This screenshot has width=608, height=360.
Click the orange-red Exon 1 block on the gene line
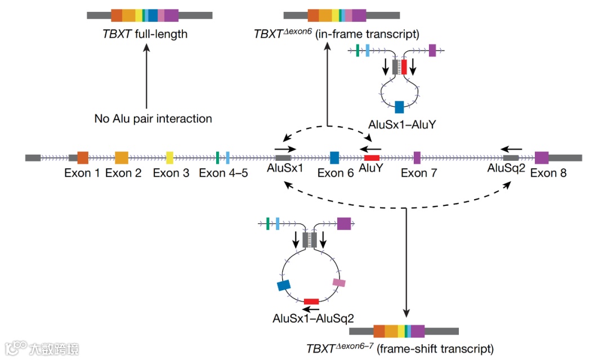83,157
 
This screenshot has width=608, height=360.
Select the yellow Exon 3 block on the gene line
169,157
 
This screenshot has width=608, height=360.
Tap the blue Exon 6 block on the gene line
334,157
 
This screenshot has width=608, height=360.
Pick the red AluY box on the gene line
372,157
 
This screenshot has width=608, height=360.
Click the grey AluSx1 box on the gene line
283,157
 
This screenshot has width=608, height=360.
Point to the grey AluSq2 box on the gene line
511,157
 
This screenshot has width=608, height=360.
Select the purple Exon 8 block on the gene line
542,157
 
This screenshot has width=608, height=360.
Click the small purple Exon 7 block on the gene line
417,157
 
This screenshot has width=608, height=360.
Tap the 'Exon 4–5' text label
223,173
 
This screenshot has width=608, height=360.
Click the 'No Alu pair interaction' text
153,119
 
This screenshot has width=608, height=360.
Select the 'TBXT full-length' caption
145,34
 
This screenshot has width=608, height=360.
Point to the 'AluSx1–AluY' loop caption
402,124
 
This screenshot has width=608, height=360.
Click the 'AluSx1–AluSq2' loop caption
314,318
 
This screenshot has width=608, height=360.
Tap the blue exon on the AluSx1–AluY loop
399,106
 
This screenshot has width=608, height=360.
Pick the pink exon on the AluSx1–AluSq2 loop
339,282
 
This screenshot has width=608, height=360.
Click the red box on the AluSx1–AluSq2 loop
311,301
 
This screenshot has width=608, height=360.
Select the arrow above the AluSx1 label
285,149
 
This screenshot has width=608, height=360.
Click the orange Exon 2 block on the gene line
122,157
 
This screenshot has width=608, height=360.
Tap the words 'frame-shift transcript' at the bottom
435,349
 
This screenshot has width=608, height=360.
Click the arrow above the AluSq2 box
511,149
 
